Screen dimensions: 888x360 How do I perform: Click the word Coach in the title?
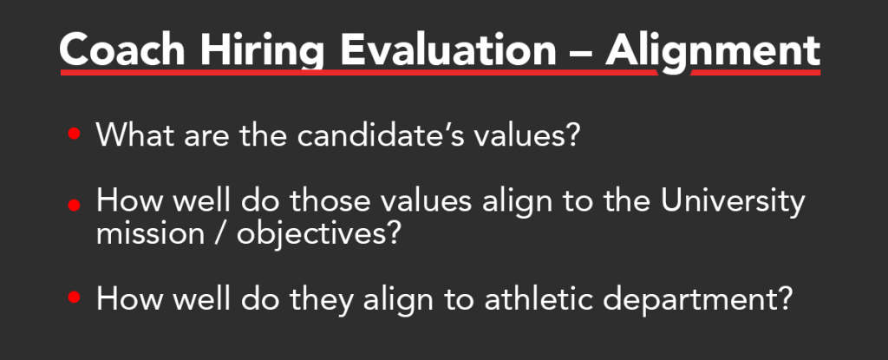(122, 50)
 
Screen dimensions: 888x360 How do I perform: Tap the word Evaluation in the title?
(448, 50)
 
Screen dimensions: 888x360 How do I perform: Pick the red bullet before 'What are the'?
(75, 134)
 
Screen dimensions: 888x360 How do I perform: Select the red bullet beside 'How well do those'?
(75, 205)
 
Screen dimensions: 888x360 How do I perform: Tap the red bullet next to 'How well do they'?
(75, 297)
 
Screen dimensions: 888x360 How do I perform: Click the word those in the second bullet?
(336, 200)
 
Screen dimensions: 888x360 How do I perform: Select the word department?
(682, 299)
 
